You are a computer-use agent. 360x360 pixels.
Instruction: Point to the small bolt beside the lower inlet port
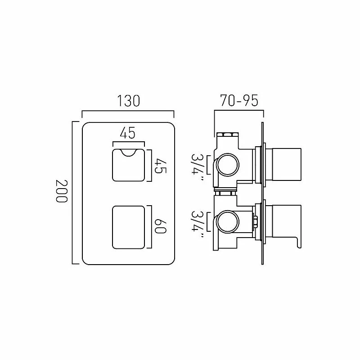tap(255, 221)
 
